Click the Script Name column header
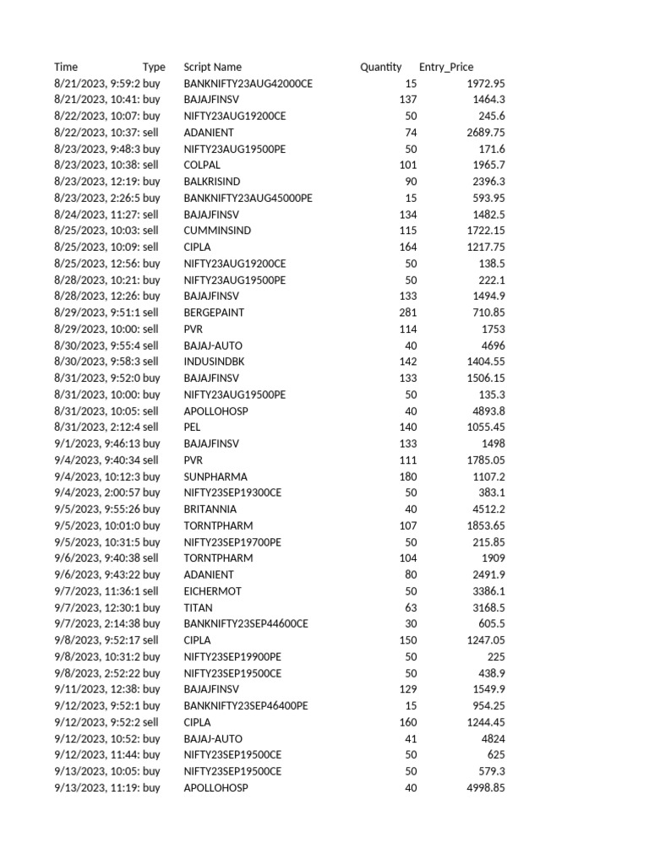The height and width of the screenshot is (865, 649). coord(212,67)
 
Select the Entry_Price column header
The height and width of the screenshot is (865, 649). coord(446,67)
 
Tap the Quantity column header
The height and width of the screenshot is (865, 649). coord(381,67)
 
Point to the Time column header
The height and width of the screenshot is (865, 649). coord(66,67)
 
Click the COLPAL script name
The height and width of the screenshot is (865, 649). coord(202,165)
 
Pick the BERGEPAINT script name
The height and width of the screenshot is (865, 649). coord(214,313)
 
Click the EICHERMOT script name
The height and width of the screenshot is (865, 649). coord(212,591)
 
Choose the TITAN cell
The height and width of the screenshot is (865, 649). coord(198,607)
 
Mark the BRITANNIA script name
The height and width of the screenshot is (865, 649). coord(210,509)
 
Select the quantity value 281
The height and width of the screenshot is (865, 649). coord(408,313)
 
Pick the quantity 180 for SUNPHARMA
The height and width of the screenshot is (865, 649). coord(408,476)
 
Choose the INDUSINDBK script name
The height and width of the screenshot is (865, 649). coord(214,362)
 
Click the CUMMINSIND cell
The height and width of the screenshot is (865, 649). coord(217,231)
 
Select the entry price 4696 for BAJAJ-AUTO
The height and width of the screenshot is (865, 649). coord(492,345)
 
